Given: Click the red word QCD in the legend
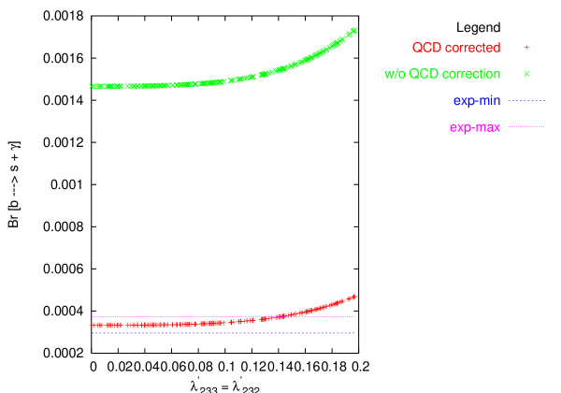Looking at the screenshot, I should tap(426, 48).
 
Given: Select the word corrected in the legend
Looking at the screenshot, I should tap(471, 48).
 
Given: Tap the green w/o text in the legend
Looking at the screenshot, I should tap(396, 74).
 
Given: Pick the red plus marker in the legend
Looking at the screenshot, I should tap(526, 48).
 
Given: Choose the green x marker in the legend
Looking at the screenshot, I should tap(526, 74).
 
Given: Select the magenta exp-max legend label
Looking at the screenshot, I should tap(475, 127).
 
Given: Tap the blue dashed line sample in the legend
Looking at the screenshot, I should tap(526, 100).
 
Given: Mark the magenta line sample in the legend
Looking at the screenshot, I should tap(526, 126).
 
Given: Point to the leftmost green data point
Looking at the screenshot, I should tap(92, 86).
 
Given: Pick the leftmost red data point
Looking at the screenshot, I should tap(93, 326).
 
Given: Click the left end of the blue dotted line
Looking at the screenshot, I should tap(92, 333).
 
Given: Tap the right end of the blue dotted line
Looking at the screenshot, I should tap(355, 333).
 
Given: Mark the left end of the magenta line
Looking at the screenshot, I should tap(92, 316).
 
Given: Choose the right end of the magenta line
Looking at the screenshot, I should tap(355, 316).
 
